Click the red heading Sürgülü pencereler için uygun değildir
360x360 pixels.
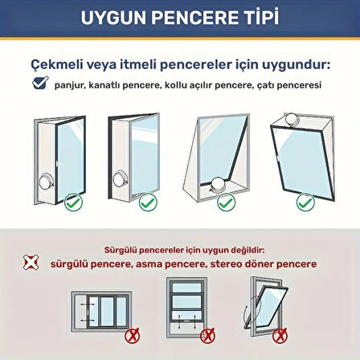(180, 251)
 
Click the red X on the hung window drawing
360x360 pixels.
(208, 330)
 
